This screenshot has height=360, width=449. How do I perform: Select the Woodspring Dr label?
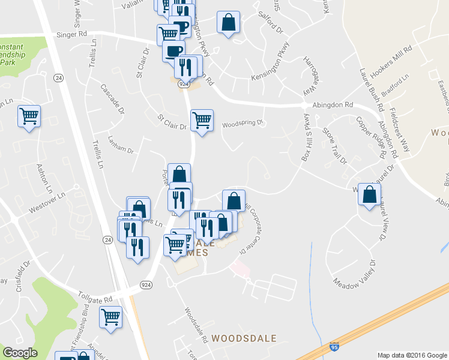[243, 124]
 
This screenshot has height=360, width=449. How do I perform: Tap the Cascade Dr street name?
[112, 98]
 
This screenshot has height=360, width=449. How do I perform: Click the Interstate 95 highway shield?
[334, 347]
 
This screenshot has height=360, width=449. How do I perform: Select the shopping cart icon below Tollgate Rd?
[110, 317]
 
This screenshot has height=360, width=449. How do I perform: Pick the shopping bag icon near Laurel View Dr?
[370, 194]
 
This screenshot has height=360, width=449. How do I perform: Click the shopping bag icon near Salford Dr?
[229, 23]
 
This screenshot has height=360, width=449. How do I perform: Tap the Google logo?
[20, 353]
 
